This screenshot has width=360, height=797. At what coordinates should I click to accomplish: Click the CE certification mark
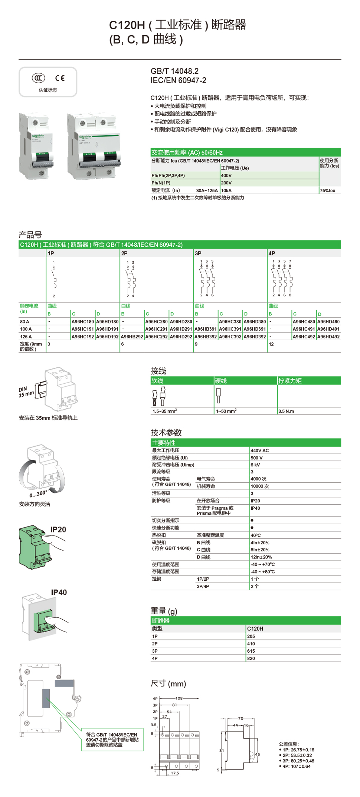click(x=60, y=78)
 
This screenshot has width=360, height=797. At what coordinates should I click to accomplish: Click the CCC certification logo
click(x=38, y=78)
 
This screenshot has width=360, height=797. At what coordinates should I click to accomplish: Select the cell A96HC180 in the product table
click(x=82, y=322)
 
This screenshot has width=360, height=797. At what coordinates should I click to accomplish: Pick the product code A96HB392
click(x=205, y=337)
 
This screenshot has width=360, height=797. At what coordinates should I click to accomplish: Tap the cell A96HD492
click(x=328, y=337)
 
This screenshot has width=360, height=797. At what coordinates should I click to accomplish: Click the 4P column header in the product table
click(x=272, y=253)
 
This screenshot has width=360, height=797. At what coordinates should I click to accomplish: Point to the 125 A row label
click(x=26, y=337)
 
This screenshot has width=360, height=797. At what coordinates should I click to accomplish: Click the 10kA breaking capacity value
click(x=226, y=191)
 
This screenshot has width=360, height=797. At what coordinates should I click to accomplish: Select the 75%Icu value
click(x=328, y=191)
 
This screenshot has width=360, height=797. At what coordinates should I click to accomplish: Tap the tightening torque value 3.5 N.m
click(x=286, y=411)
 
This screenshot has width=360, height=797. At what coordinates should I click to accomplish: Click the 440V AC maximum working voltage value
click(x=259, y=450)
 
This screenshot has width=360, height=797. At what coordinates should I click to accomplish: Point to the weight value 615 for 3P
click(x=251, y=651)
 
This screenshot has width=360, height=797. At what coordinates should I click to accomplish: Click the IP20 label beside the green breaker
click(x=58, y=529)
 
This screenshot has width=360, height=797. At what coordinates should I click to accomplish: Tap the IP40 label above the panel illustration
click(x=59, y=592)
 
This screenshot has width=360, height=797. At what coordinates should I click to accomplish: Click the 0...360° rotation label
click(x=38, y=494)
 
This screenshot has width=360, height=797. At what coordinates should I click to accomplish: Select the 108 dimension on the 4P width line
click(x=179, y=698)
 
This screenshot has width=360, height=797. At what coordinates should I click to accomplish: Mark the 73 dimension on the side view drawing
click(x=240, y=719)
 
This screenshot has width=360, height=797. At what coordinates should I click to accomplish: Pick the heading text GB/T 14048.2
click(x=174, y=71)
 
